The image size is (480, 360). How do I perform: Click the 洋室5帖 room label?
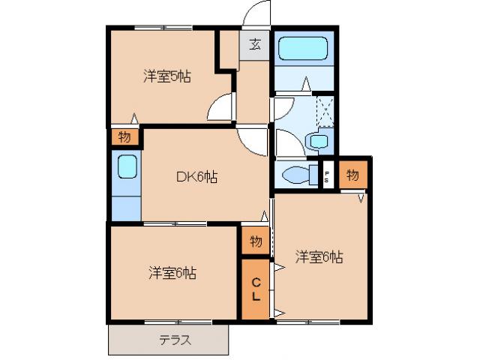(x=166, y=76)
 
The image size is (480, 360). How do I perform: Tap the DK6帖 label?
(x=197, y=178)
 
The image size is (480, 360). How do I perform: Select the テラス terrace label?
(x=174, y=340)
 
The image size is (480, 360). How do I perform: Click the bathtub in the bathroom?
(x=303, y=49)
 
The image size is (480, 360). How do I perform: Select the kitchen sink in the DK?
(x=127, y=166)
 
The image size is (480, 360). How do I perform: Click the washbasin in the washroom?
(x=318, y=140)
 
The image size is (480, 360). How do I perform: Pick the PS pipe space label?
(x=327, y=176)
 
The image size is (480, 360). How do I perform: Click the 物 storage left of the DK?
(x=124, y=137)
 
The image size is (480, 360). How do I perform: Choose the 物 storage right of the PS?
(x=352, y=175)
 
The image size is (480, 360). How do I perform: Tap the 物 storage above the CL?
(x=256, y=241)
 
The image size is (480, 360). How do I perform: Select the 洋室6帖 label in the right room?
(x=319, y=257)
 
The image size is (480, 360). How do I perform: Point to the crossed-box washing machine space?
(x=325, y=110)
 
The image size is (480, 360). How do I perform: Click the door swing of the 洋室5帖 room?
(x=222, y=108)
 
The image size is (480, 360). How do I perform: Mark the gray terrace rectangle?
(x=168, y=340)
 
